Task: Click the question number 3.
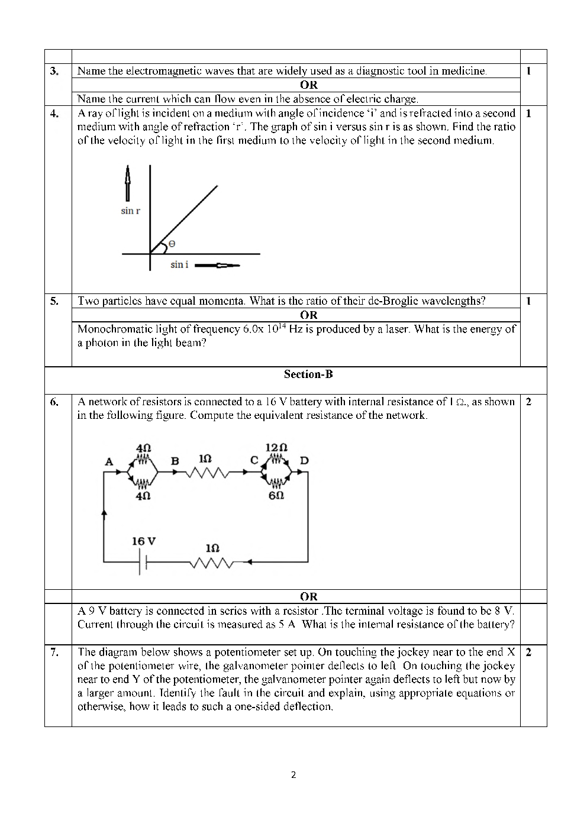(54, 71)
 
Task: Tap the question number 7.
(54, 653)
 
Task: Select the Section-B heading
(308, 374)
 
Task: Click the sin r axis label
(130, 211)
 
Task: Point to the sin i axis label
(179, 264)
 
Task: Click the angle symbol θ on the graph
(172, 243)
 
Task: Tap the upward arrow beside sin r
(126, 183)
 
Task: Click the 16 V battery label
(144, 541)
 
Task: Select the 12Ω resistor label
(276, 447)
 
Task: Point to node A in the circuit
(109, 461)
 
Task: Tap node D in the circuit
(304, 460)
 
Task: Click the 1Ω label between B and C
(205, 459)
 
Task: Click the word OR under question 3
(308, 85)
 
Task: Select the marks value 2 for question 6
(528, 402)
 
